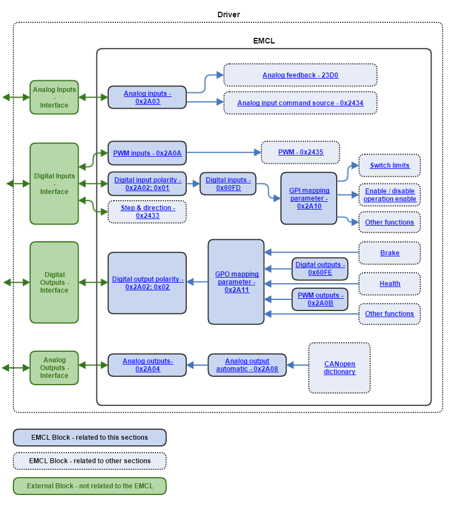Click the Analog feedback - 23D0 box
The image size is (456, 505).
(x=300, y=75)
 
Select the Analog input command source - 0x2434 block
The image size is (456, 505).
(x=300, y=103)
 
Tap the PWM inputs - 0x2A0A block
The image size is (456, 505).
(x=147, y=153)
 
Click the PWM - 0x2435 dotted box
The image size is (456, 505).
(x=300, y=152)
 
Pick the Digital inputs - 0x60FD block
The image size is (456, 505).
(x=228, y=183)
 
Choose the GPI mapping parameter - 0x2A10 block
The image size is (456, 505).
(x=309, y=198)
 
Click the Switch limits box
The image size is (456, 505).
(x=389, y=166)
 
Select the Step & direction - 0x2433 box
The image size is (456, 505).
(x=147, y=212)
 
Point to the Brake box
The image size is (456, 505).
(x=389, y=253)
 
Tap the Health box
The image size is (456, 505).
(x=389, y=284)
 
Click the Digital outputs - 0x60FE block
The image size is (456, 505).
(x=320, y=269)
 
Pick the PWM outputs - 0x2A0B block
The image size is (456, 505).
(x=320, y=299)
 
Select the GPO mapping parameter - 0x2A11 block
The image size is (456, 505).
(x=236, y=282)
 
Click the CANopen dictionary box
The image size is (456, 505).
(x=339, y=368)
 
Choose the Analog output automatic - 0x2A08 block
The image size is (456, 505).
(x=247, y=365)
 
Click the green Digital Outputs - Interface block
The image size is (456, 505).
(x=54, y=283)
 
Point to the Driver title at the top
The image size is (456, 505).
(x=229, y=14)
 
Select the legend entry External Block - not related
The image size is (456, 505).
(x=90, y=485)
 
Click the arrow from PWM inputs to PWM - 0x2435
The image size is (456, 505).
(x=223, y=152)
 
